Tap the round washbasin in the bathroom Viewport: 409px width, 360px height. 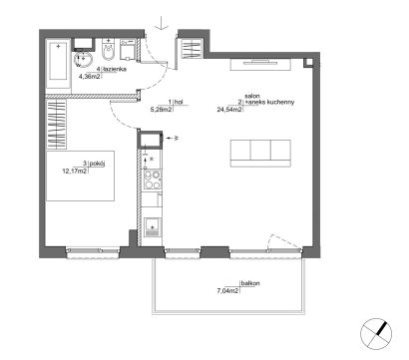83,59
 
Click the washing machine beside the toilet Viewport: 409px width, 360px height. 128,50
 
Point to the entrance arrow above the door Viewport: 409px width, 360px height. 161,23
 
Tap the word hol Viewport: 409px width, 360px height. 179,102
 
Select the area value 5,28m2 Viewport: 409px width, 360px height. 162,110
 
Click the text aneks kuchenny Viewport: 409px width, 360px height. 270,103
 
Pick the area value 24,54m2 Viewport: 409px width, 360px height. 229,110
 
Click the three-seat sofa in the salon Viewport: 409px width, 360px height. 260,154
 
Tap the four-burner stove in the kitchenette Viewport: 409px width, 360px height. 153,180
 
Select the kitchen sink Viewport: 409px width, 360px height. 153,227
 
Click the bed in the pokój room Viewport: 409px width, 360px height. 80,176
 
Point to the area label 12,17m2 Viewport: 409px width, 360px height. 75,172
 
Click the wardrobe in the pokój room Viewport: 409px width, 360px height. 56,124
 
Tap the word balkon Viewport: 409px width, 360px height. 250,283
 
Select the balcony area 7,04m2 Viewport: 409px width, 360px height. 227,291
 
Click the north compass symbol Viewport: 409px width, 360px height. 376,334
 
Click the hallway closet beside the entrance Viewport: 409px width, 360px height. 192,49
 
